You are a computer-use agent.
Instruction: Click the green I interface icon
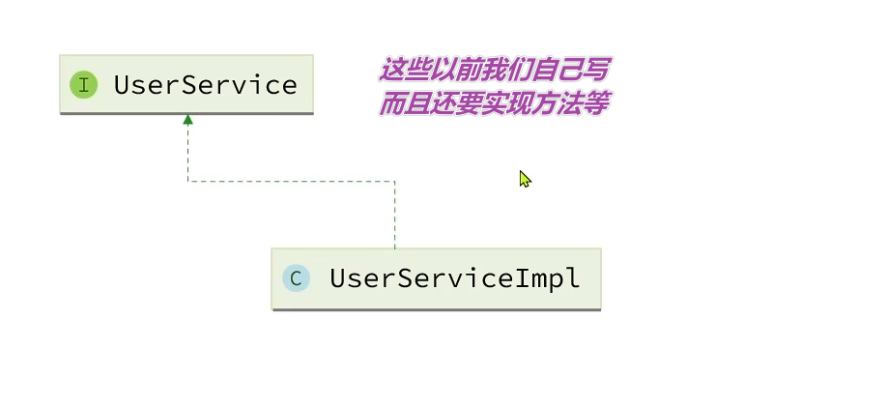pos(84,85)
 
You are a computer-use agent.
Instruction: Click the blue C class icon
pos(295,279)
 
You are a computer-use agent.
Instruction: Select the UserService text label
pos(205,85)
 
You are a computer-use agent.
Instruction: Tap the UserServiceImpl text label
pos(454,279)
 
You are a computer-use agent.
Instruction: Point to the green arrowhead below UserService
pos(187,119)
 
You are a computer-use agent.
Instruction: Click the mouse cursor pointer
pos(524,178)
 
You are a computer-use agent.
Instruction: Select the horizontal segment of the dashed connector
pos(290,181)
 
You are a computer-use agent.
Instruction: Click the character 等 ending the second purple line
pos(595,103)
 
